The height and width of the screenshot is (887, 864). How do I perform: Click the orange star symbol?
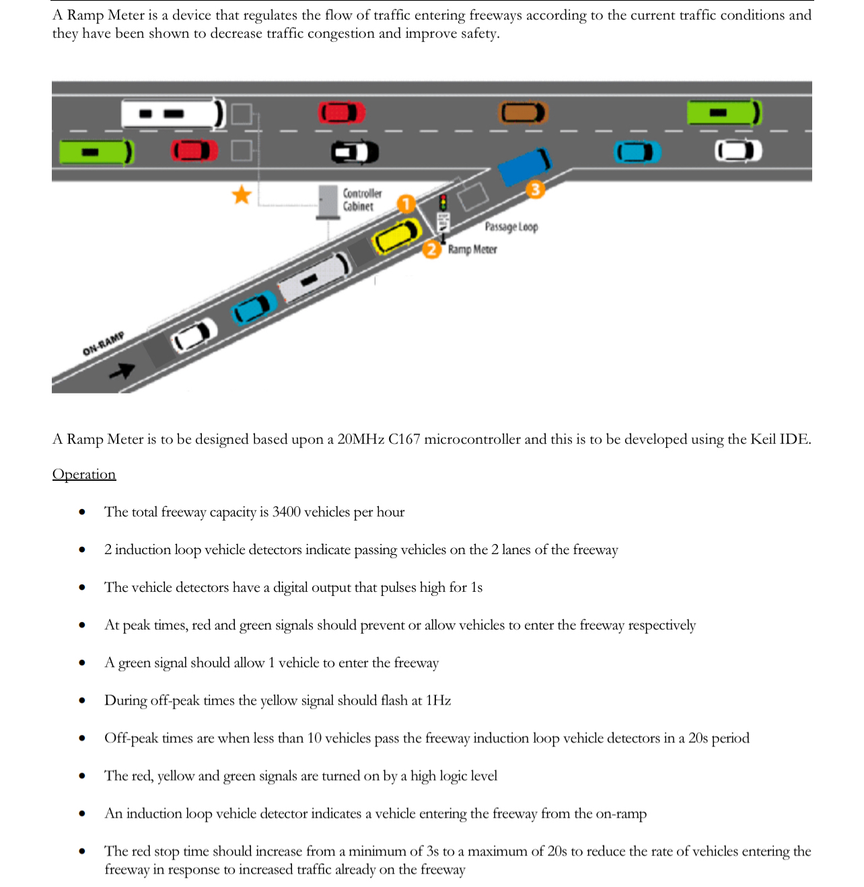(x=242, y=195)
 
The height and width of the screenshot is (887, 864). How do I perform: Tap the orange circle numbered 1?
(x=406, y=204)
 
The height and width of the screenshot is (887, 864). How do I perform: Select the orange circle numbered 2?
(x=431, y=249)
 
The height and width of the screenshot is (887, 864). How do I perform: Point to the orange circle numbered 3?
(x=535, y=190)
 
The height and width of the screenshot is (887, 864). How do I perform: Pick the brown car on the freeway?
(x=524, y=113)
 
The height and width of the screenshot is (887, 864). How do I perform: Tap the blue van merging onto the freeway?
(x=525, y=166)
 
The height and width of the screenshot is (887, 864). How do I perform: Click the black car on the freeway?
(x=355, y=153)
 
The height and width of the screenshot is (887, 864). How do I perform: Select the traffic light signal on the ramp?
(x=443, y=202)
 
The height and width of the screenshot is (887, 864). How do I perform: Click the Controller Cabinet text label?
(x=362, y=200)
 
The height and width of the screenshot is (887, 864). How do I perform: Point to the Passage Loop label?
(x=511, y=227)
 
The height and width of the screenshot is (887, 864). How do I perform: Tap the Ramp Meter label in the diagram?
(x=472, y=249)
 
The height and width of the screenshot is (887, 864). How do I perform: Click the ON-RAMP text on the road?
(x=103, y=344)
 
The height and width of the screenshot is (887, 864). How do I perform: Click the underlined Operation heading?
(x=84, y=474)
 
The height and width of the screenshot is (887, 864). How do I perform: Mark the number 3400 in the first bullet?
(x=286, y=512)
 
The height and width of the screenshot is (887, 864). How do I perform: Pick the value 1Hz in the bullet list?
(x=438, y=700)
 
